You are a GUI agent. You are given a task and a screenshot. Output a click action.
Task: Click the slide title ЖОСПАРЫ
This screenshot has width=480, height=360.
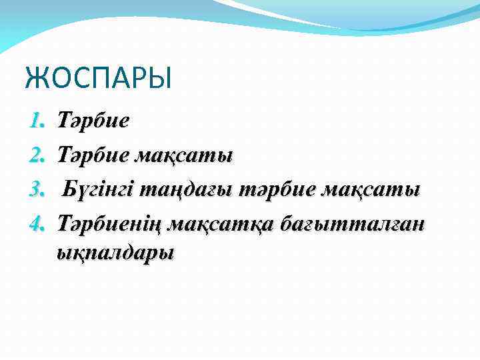point(98,77)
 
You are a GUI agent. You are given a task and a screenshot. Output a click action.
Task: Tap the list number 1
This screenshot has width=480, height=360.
point(36,121)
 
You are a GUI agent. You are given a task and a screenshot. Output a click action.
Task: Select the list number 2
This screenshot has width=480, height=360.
point(36,155)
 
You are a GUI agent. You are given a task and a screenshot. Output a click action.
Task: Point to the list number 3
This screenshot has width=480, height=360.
point(36,189)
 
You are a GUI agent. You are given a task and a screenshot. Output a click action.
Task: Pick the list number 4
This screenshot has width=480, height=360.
point(36,222)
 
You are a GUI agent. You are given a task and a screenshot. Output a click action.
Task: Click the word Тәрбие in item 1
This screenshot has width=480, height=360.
point(93,121)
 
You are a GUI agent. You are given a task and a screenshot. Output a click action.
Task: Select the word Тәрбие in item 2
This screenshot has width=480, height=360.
point(93,155)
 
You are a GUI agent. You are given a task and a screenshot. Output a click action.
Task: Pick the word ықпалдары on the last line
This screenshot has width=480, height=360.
point(115,253)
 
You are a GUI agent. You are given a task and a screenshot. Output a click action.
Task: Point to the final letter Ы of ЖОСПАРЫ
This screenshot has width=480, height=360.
point(161,77)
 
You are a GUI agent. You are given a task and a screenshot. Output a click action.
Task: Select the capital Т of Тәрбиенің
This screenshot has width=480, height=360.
point(65,222)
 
